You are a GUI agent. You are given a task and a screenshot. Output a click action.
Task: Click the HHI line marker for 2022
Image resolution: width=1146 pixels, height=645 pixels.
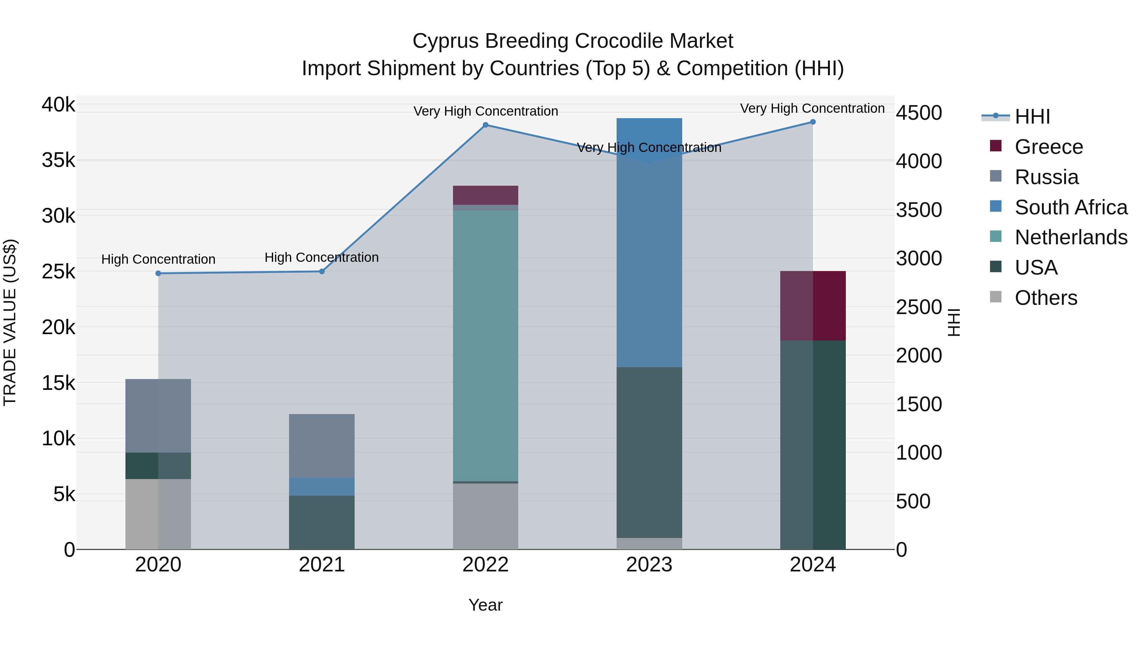point(485,125)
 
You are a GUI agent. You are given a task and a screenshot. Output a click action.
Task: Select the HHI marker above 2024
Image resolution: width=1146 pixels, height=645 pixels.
point(813,122)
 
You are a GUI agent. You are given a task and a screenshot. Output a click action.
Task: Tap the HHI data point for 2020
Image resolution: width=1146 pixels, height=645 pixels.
point(159,273)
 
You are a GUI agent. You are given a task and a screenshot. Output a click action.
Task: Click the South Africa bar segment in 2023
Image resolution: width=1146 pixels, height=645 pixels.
point(649,243)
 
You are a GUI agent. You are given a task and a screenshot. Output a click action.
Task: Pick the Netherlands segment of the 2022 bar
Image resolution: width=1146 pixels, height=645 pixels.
point(485,346)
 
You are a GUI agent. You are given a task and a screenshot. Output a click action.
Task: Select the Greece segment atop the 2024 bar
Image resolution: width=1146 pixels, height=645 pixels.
point(813,306)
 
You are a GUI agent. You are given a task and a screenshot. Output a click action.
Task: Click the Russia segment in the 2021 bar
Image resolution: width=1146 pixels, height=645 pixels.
point(322,446)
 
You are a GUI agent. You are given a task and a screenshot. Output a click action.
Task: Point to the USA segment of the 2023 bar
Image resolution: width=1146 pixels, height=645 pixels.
point(649,452)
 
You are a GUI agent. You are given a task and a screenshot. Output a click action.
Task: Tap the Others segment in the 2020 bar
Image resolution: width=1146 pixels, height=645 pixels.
point(159,514)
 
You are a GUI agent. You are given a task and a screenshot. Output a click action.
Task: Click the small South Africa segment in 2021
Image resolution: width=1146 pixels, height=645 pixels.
point(322,486)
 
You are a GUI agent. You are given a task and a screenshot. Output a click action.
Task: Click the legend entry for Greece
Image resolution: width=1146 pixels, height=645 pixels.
point(1049,147)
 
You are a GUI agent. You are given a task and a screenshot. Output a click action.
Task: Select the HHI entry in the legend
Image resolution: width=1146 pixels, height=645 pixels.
point(1032,117)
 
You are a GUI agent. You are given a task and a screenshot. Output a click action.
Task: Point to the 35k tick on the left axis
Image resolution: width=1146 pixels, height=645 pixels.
point(58,160)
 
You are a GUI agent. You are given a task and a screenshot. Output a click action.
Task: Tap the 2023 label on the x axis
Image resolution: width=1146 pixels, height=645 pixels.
point(649,565)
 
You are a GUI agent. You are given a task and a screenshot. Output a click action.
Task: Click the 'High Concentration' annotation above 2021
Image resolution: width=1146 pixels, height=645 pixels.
point(322,257)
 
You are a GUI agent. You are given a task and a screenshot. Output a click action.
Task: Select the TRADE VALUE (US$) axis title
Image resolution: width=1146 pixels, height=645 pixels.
point(10,322)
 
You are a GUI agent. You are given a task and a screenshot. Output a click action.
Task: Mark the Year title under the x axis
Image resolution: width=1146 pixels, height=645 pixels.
point(485,605)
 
